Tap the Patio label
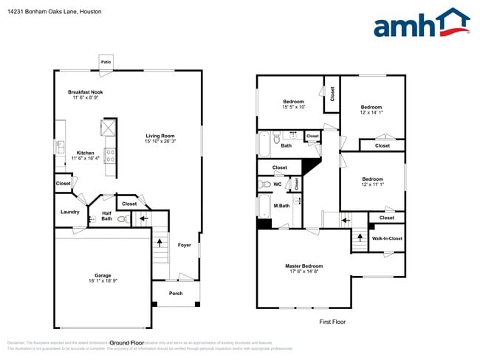106,62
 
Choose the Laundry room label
70,212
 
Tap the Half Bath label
106,215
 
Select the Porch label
176,293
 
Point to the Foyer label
185,245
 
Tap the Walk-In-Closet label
387,238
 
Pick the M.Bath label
281,205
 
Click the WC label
278,184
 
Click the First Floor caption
332,322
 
